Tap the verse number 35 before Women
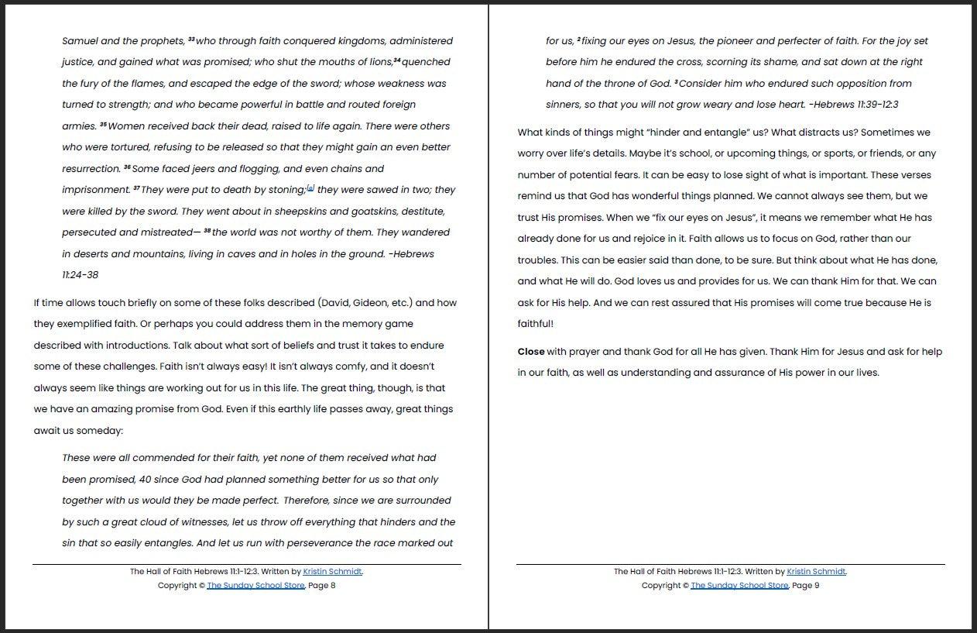tap(103, 125)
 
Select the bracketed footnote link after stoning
tap(310, 188)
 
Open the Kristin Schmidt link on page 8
tap(332, 572)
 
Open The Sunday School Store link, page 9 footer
tap(739, 586)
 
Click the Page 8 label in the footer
tap(322, 586)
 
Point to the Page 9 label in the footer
tap(806, 586)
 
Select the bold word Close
tap(531, 352)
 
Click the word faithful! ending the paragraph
tap(536, 324)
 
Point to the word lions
tap(379, 62)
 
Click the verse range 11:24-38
tap(81, 275)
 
